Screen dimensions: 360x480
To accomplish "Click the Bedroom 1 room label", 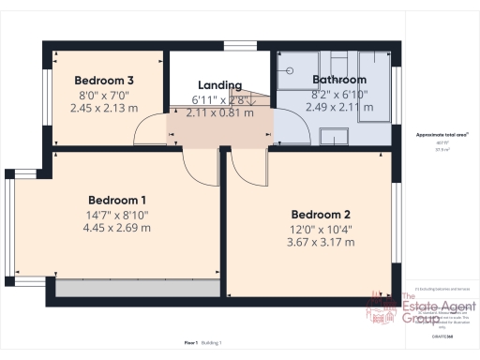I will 117,200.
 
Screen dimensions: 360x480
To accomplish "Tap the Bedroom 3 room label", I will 104,80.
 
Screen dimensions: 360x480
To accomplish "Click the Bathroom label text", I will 339,80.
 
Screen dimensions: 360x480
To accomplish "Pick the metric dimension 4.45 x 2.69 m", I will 117,228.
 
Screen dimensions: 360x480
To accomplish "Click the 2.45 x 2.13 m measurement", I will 104,108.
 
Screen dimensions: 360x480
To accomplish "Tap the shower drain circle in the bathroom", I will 290,69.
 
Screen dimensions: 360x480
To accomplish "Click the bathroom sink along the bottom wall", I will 333,138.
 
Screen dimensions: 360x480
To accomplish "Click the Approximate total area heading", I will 442,135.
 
